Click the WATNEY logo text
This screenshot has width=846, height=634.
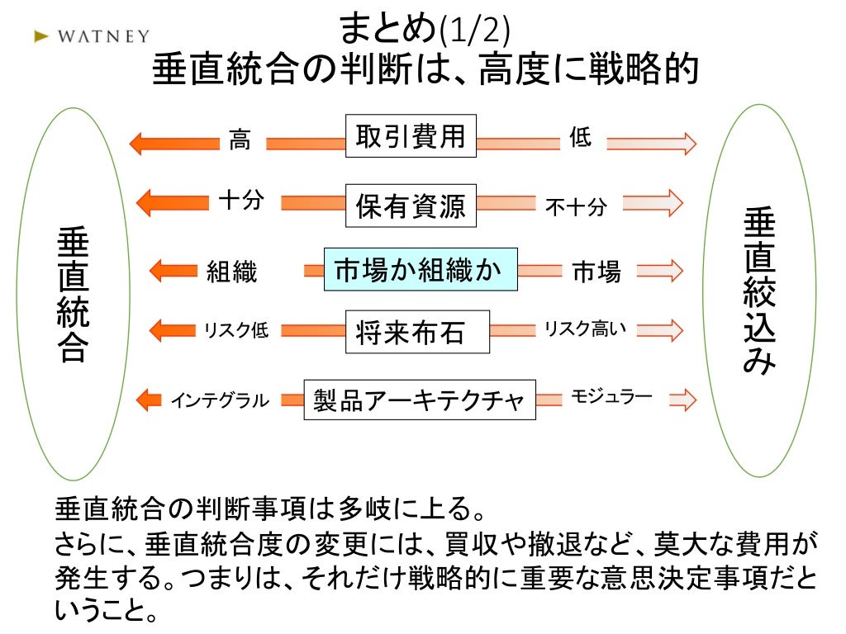coord(103,36)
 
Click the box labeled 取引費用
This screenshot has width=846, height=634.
coord(411,136)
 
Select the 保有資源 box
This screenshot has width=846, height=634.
coord(411,206)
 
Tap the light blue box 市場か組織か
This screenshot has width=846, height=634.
coord(420,269)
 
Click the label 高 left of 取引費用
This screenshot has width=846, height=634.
coord(240,140)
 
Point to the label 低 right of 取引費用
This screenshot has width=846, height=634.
coord(581,138)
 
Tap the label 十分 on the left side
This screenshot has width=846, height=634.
coord(241,201)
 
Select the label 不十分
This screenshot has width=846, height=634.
coord(576,207)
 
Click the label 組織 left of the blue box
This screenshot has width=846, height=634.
coord(232,272)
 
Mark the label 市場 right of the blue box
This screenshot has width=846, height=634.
coord(596,272)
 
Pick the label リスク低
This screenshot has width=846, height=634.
coord(236,331)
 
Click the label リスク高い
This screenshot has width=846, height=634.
coord(584,329)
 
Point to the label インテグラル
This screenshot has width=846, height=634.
coord(220,401)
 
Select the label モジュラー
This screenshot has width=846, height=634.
coord(611,398)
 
